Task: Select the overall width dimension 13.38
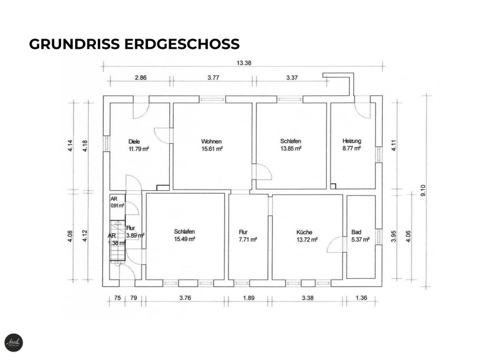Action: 244,63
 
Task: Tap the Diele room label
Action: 134,141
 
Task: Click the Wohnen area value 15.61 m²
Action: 212,148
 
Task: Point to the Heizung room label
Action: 352,141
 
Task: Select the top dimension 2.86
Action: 140,77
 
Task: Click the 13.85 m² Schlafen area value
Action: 290,148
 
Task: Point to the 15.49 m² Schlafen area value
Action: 184,239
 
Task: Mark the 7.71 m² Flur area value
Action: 248,239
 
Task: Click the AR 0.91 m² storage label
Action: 116,202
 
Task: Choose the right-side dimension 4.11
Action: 393,145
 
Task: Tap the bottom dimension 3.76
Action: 185,298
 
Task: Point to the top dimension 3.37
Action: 292,77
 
